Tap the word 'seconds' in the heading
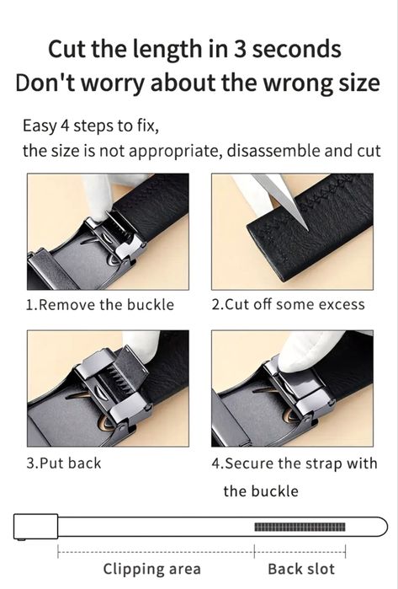point(297,49)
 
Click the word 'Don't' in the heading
point(45,83)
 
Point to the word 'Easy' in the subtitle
point(40,126)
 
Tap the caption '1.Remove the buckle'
point(100,305)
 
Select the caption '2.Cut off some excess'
point(288,304)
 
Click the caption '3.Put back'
point(64,463)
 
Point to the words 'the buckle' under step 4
point(261,491)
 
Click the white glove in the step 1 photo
point(99,195)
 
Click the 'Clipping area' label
point(152,569)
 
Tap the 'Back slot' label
point(301,569)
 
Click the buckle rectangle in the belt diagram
point(35,527)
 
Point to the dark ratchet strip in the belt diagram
point(300,527)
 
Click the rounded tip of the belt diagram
point(383,527)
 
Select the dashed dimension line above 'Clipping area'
point(156,552)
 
